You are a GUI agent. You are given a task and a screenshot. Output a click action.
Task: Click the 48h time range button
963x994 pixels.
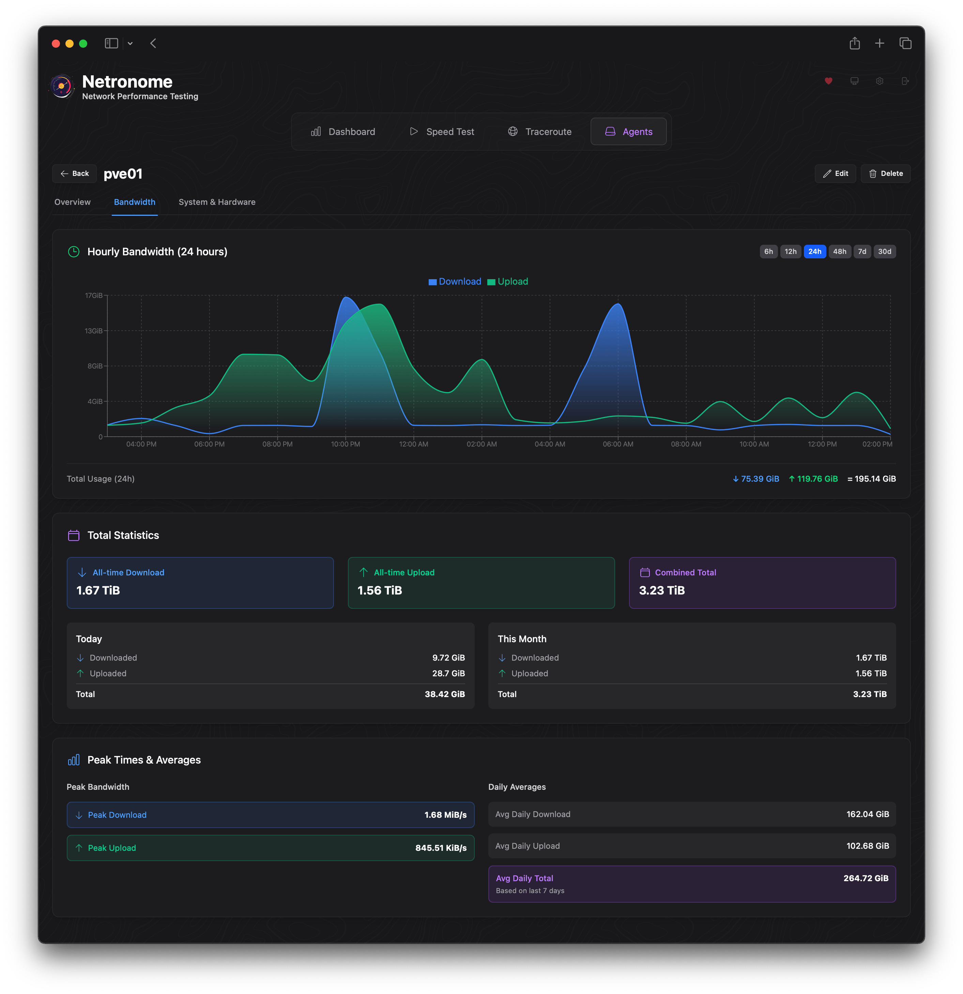coord(839,252)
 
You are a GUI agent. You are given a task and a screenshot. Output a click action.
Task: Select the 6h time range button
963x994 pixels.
coord(768,252)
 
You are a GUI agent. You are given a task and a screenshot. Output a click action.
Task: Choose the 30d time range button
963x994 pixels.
coord(884,252)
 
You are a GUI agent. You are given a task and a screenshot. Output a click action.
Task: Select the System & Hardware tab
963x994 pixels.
coord(217,202)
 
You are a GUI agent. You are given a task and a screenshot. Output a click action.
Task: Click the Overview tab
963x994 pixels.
coord(73,202)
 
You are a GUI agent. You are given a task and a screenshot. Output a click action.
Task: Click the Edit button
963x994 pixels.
coord(835,174)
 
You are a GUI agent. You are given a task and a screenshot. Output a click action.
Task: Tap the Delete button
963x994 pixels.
coord(885,174)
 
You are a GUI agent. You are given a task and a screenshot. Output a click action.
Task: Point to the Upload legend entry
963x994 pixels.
coord(507,282)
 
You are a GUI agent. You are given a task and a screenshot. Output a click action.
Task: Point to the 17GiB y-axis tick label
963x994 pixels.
coord(94,296)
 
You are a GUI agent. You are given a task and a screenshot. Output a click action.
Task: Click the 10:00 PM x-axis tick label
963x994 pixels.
coord(346,444)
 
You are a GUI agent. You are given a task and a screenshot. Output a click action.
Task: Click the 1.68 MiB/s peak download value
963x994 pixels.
coord(445,815)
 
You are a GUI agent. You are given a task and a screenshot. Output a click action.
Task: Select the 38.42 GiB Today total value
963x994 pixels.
coord(444,694)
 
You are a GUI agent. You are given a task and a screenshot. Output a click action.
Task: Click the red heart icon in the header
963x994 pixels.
coord(828,81)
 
